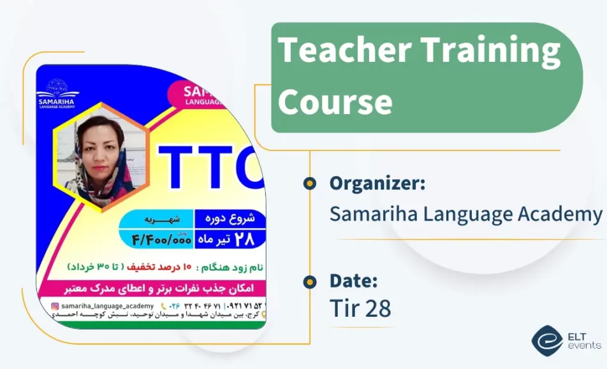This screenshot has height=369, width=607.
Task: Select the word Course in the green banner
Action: (x=335, y=102)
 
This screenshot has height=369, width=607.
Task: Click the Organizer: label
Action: (x=377, y=184)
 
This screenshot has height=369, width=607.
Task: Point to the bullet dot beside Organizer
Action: (x=310, y=184)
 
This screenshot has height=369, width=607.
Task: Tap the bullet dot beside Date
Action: (x=310, y=281)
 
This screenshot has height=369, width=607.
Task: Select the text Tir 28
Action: (x=360, y=308)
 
